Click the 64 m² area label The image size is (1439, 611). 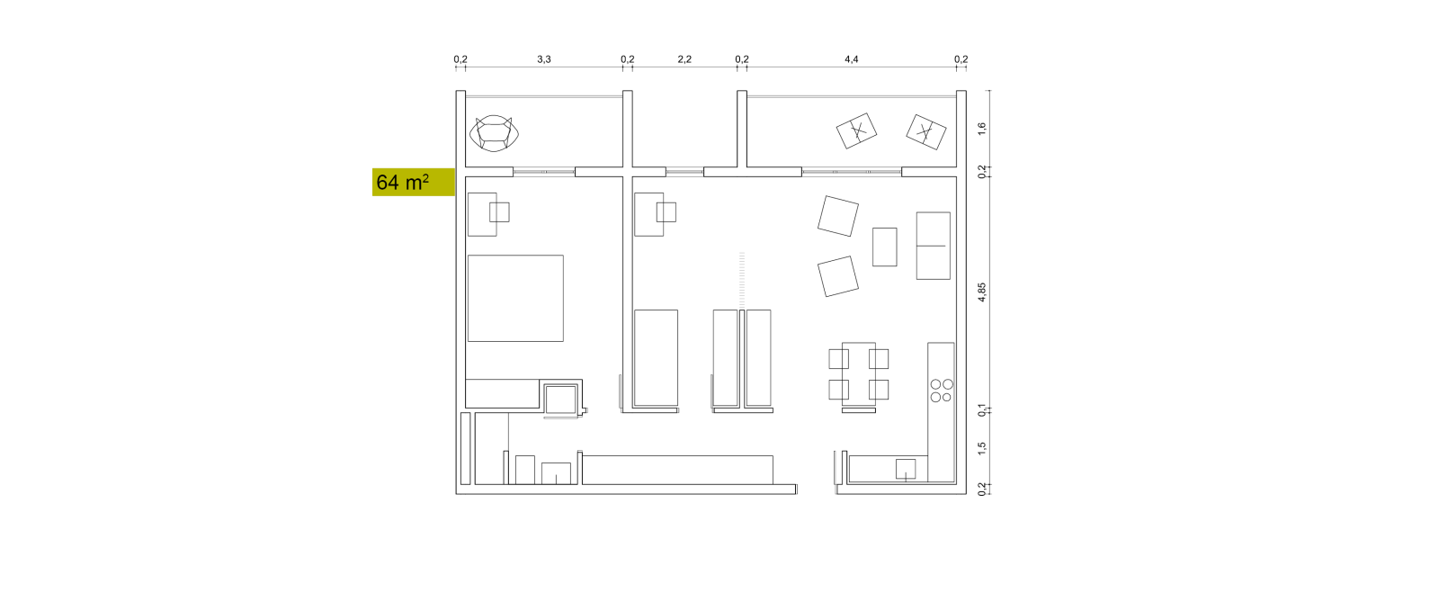coord(403,183)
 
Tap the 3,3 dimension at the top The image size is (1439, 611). coord(544,59)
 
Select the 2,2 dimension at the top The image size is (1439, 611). coord(684,59)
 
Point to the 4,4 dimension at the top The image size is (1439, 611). coord(851,59)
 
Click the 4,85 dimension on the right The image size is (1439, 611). coord(981,292)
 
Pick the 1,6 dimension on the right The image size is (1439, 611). coord(981,130)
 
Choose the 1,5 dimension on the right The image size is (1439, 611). coord(981,448)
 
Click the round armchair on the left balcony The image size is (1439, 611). coord(494,134)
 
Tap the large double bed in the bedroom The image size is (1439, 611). coord(516,298)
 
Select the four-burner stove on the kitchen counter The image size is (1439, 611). coord(942,391)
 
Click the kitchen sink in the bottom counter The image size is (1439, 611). coord(906,469)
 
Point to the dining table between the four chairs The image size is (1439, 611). coord(859,374)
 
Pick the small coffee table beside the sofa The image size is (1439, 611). coord(885,247)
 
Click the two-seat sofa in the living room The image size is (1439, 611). coord(934,246)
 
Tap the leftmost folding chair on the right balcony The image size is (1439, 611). coord(856,131)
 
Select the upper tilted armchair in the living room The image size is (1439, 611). coord(838,216)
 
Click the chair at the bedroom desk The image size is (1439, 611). coord(499,212)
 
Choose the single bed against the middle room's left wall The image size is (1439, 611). coord(656,358)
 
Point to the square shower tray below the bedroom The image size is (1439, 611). coord(561,400)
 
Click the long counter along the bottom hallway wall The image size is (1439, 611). coord(678,470)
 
